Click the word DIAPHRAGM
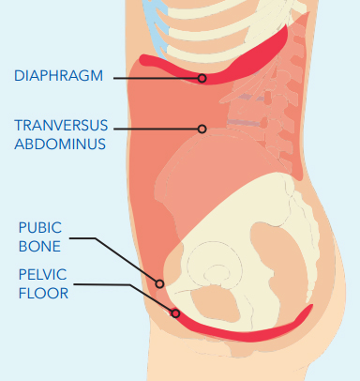[x=58, y=76]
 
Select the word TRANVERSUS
[x=61, y=126]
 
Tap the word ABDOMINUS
[x=60, y=145]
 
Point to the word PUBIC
[x=40, y=228]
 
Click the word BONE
[x=39, y=247]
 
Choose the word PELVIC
[x=42, y=275]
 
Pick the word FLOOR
[x=43, y=294]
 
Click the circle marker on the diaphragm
[x=202, y=78]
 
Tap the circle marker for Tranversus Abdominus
[x=202, y=129]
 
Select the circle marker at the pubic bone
[x=159, y=283]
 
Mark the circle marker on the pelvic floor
[x=175, y=313]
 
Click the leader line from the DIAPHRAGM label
[x=156, y=78]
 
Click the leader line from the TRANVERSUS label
[x=156, y=129]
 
